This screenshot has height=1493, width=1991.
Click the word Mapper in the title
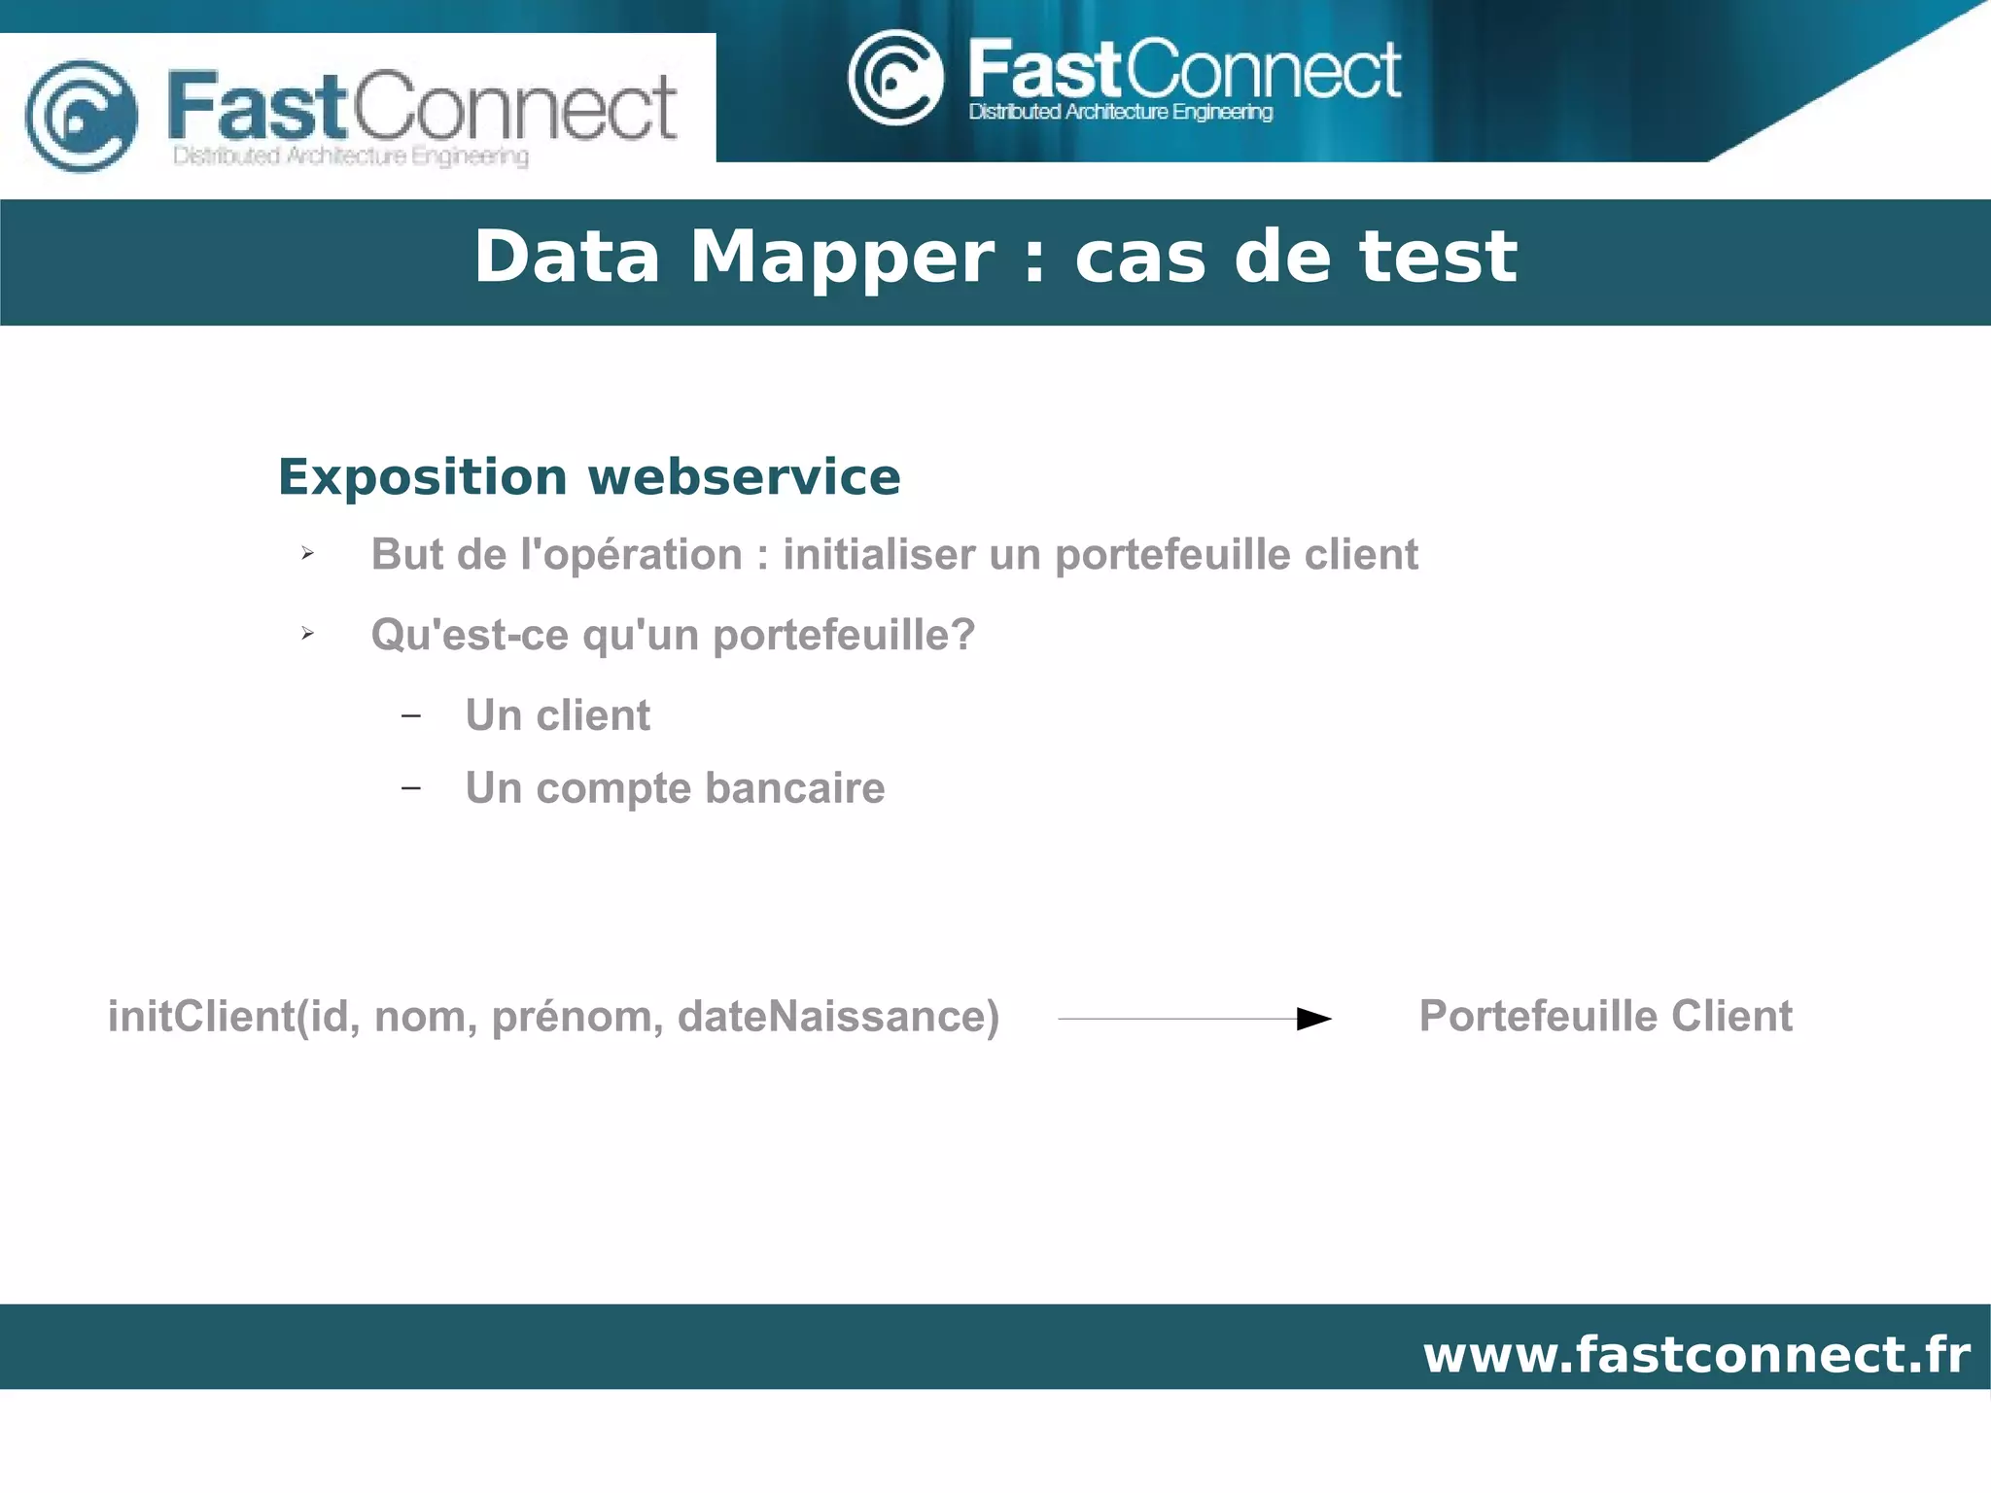pos(842,258)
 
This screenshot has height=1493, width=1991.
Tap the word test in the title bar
pos(1438,258)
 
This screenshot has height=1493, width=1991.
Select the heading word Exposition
pos(422,477)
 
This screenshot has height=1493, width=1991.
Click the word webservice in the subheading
pos(744,477)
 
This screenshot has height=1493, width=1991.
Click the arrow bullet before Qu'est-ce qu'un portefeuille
pos(307,634)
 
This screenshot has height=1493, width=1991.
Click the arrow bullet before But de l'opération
pos(307,554)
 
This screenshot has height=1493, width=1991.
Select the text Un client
pos(557,715)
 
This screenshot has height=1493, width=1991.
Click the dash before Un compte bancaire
pos(411,788)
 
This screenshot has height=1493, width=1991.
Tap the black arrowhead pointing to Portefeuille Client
pos(1313,1019)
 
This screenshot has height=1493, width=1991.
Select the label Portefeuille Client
pos(1605,1016)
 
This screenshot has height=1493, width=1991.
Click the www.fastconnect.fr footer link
pos(1696,1354)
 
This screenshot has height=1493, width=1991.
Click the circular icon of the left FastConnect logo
pos(82,116)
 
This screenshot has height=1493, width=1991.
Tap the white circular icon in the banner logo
pos(894,78)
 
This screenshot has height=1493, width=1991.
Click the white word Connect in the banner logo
pos(1263,70)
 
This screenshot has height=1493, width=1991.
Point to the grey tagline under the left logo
pos(350,156)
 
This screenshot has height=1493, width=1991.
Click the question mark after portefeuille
pos(962,635)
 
